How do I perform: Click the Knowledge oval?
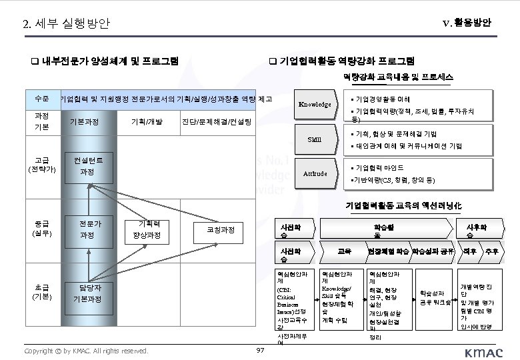tap(315, 104)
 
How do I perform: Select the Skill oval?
tap(315, 139)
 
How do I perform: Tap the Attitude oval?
tap(315, 173)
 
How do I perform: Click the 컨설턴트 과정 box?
tap(87, 166)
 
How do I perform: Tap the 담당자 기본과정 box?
tap(87, 293)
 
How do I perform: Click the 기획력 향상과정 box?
tap(149, 230)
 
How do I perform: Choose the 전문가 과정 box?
tap(87, 229)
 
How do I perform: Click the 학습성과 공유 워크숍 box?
tap(431, 298)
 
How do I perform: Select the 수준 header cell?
tap(41, 99)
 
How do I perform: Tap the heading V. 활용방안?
tap(467, 23)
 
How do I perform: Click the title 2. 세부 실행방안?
tap(66, 24)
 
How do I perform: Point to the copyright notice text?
tap(85, 350)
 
